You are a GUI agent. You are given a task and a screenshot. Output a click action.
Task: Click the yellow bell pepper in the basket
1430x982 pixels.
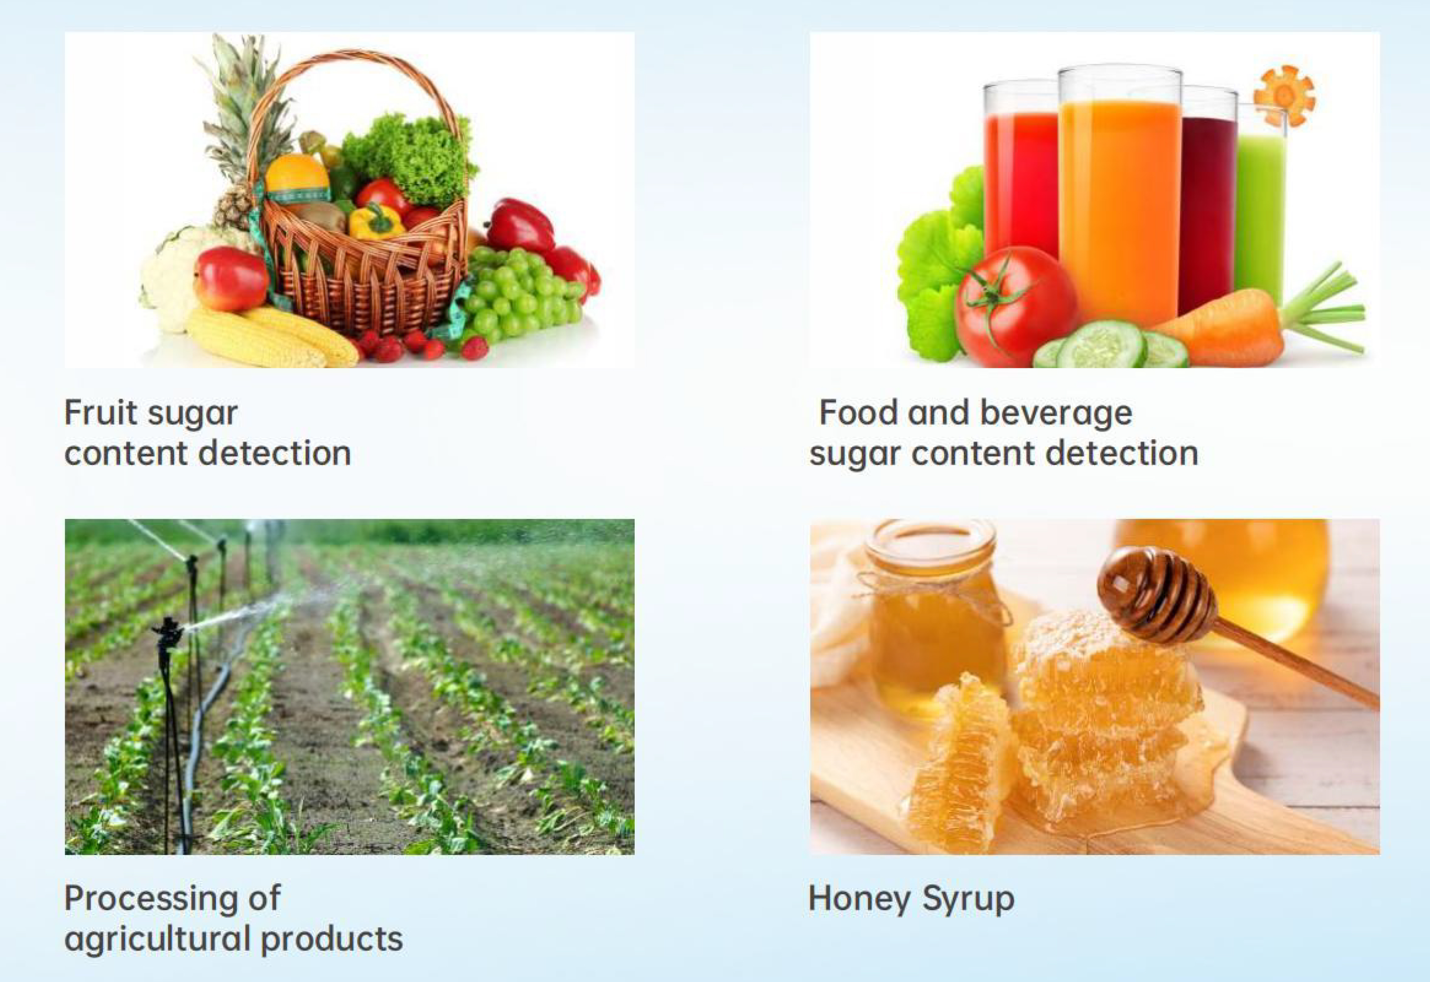(375, 221)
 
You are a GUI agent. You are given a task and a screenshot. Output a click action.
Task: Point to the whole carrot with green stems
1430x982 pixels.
(1256, 323)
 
